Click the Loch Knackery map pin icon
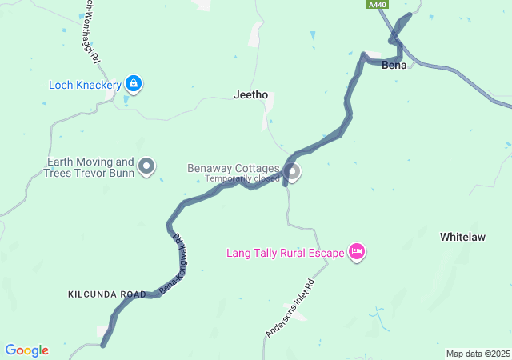134,82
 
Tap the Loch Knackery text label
85,84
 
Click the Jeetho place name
250,94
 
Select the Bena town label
394,64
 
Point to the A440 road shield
378,5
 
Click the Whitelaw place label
464,238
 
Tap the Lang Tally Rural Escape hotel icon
357,252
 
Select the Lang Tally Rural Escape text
286,254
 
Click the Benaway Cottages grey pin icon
293,171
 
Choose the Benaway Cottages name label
234,169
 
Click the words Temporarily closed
242,178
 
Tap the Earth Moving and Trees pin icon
146,166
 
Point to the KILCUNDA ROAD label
107,294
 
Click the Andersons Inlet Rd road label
296,308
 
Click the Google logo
26,350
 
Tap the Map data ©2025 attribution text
478,354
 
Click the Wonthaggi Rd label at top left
91,32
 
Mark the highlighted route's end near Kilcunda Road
103,345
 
